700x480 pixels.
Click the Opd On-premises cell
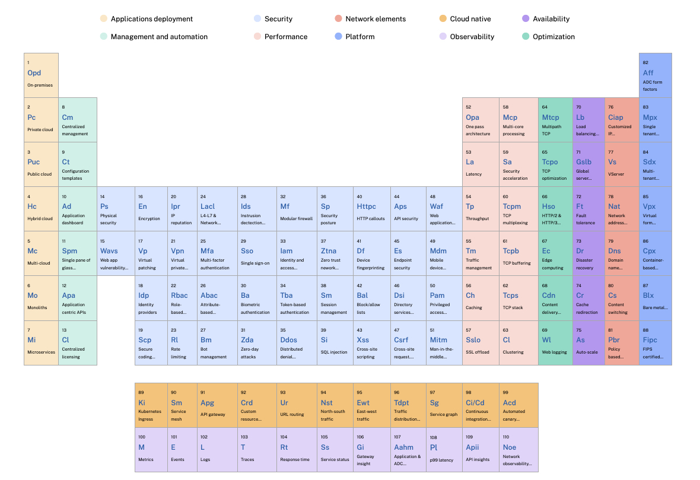[x=41, y=75]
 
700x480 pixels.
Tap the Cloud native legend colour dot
[x=443, y=19]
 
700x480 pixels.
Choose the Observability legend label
[x=472, y=37]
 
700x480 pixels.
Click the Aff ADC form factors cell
[x=656, y=75]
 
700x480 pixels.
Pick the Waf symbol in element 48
[x=436, y=206]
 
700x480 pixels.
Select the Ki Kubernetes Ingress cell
[x=152, y=405]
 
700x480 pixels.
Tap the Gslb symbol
[x=584, y=162]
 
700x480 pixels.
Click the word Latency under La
[x=473, y=174]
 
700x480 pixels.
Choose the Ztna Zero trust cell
[x=335, y=253]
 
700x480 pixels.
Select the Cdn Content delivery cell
[x=555, y=298]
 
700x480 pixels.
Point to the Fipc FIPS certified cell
[x=656, y=343]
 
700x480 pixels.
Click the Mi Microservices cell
[x=41, y=343]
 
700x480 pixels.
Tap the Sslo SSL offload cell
[x=481, y=343]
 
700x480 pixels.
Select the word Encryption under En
[x=149, y=219]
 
